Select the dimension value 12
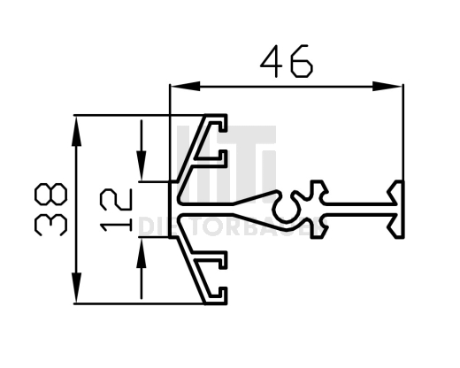click(116, 209)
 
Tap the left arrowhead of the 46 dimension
click(178, 86)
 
